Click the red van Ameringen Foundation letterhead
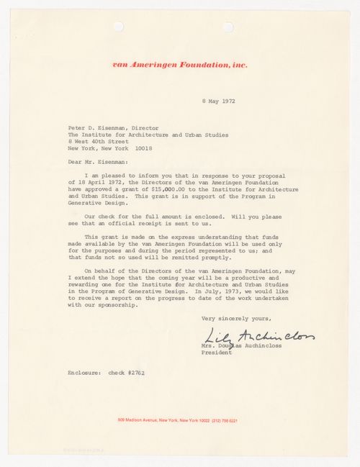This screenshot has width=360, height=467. (x=180, y=65)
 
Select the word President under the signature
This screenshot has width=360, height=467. (x=216, y=353)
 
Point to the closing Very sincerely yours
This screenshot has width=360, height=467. (x=230, y=318)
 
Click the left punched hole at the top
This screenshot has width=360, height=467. (x=118, y=27)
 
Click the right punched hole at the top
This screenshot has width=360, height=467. (x=229, y=27)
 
